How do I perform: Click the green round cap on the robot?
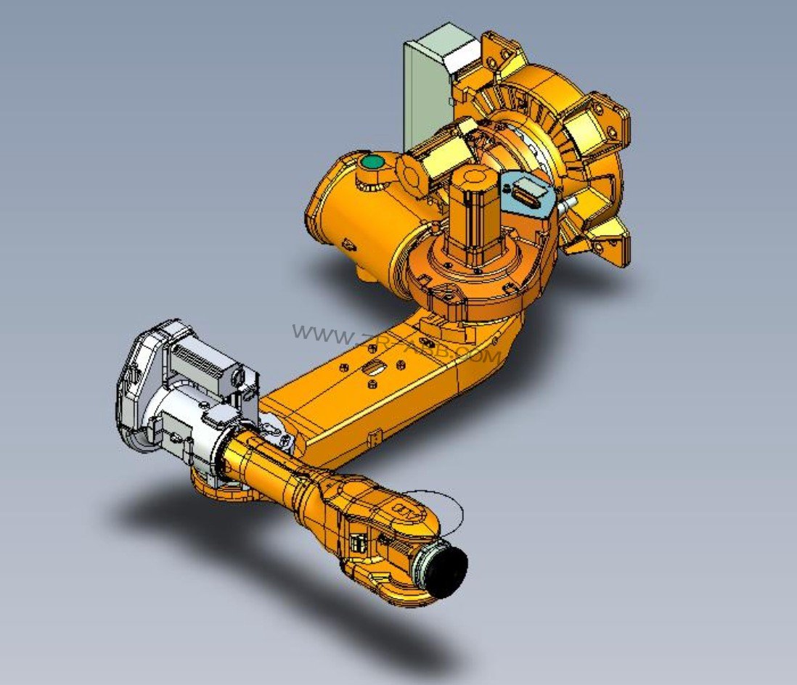(373, 162)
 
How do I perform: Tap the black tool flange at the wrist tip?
(445, 571)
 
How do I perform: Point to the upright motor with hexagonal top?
(473, 214)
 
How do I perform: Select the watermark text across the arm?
(396, 344)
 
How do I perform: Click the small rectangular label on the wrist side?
(357, 544)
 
